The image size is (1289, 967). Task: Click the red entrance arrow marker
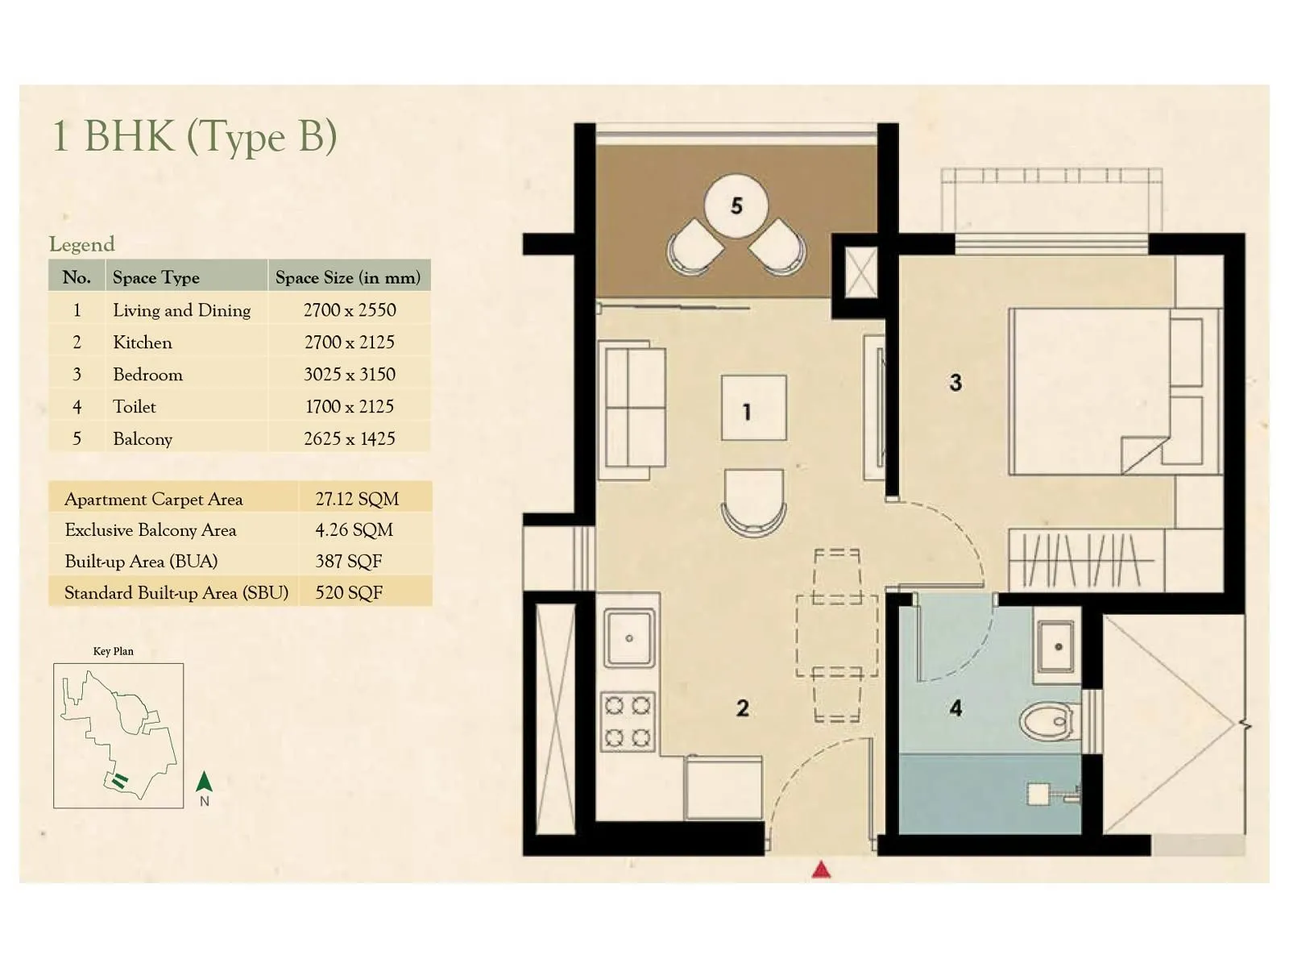pos(821,869)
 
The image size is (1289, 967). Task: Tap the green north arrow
pos(205,782)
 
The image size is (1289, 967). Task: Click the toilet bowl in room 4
pos(1048,720)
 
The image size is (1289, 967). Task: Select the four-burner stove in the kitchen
pos(628,722)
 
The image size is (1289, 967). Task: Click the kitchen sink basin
pos(629,637)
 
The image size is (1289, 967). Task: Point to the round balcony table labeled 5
pos(736,206)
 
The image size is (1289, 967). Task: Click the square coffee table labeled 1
pos(753,408)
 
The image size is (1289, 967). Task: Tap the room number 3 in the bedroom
pos(955,383)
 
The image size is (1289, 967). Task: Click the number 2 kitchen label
pos(742,708)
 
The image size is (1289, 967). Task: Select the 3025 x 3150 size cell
pos(349,375)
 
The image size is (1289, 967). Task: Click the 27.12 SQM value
pos(357,499)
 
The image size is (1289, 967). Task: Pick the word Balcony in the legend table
pos(143,439)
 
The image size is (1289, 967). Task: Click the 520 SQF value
pos(348,593)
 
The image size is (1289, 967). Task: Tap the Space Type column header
pos(155,277)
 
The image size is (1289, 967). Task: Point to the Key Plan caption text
pos(114,651)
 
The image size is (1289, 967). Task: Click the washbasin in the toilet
pos(1056,646)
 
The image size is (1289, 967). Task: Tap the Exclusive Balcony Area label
pos(151,530)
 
